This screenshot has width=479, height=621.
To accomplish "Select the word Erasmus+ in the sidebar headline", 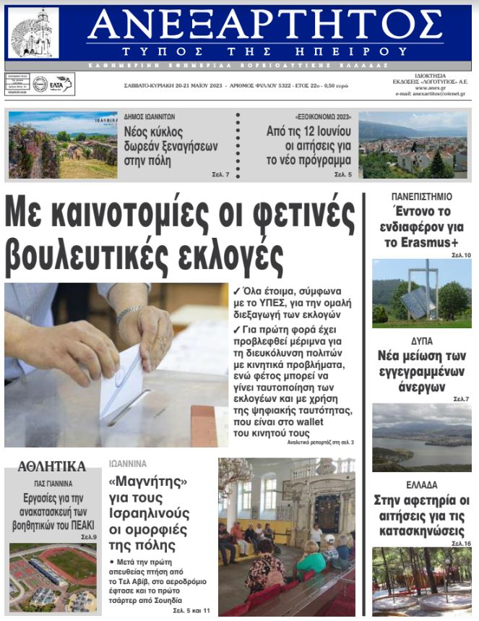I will [x=421, y=242].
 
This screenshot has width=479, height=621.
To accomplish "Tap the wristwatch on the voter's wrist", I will [x=129, y=313].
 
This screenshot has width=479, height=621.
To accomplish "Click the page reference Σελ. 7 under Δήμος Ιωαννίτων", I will [x=220, y=175].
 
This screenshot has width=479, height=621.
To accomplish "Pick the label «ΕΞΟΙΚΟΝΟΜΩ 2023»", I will [x=323, y=118].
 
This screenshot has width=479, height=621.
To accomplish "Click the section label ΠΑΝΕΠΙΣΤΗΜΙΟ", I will [x=421, y=197].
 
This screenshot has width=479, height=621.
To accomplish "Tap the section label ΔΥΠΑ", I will [x=422, y=340].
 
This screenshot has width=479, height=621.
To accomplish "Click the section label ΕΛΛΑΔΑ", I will [x=421, y=485].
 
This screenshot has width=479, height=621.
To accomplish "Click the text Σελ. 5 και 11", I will [x=191, y=612].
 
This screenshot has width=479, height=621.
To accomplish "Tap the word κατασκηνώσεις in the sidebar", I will [x=422, y=530].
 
